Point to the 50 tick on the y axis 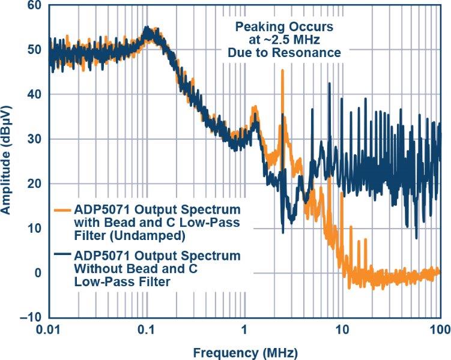pos(35,50)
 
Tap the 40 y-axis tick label pos(35,95)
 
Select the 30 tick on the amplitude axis pos(35,139)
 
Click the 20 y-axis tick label pos(35,184)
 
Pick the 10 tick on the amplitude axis pos(35,228)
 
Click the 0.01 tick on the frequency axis pos(50,329)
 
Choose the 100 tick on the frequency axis pos(440,329)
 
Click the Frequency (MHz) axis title pos(246,350)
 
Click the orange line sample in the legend pos(62,211)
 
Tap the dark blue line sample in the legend pos(62,255)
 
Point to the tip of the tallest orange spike pos(282,71)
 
